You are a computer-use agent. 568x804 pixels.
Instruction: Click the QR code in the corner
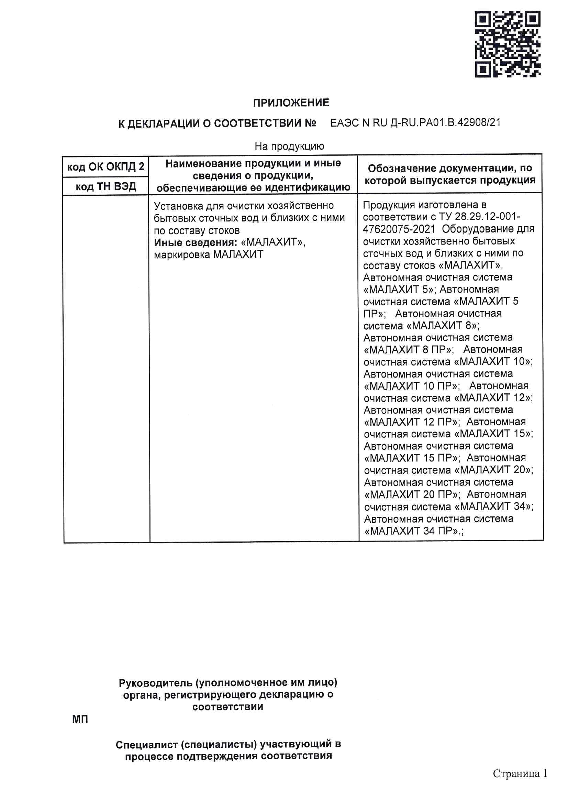coord(507,44)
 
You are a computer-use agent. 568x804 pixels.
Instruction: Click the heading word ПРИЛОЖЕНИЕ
coord(291,103)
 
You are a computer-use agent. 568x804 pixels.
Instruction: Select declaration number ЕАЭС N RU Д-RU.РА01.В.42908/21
coord(415,123)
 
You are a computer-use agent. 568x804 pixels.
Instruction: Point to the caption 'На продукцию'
coord(289,146)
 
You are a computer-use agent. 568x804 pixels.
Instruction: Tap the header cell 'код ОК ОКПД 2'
coord(105,167)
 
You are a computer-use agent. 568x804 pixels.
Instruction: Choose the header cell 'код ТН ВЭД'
coord(106,186)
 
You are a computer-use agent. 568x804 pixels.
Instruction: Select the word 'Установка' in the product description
coord(177,206)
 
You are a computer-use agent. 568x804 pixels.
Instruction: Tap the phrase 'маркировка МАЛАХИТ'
coord(208,254)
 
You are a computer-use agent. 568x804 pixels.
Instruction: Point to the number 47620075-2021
coord(399,229)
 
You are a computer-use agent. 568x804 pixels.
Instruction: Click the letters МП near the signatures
coord(80,719)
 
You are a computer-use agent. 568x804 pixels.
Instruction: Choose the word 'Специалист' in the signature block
coord(148,745)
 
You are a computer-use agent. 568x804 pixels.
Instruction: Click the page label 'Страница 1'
coord(520,773)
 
